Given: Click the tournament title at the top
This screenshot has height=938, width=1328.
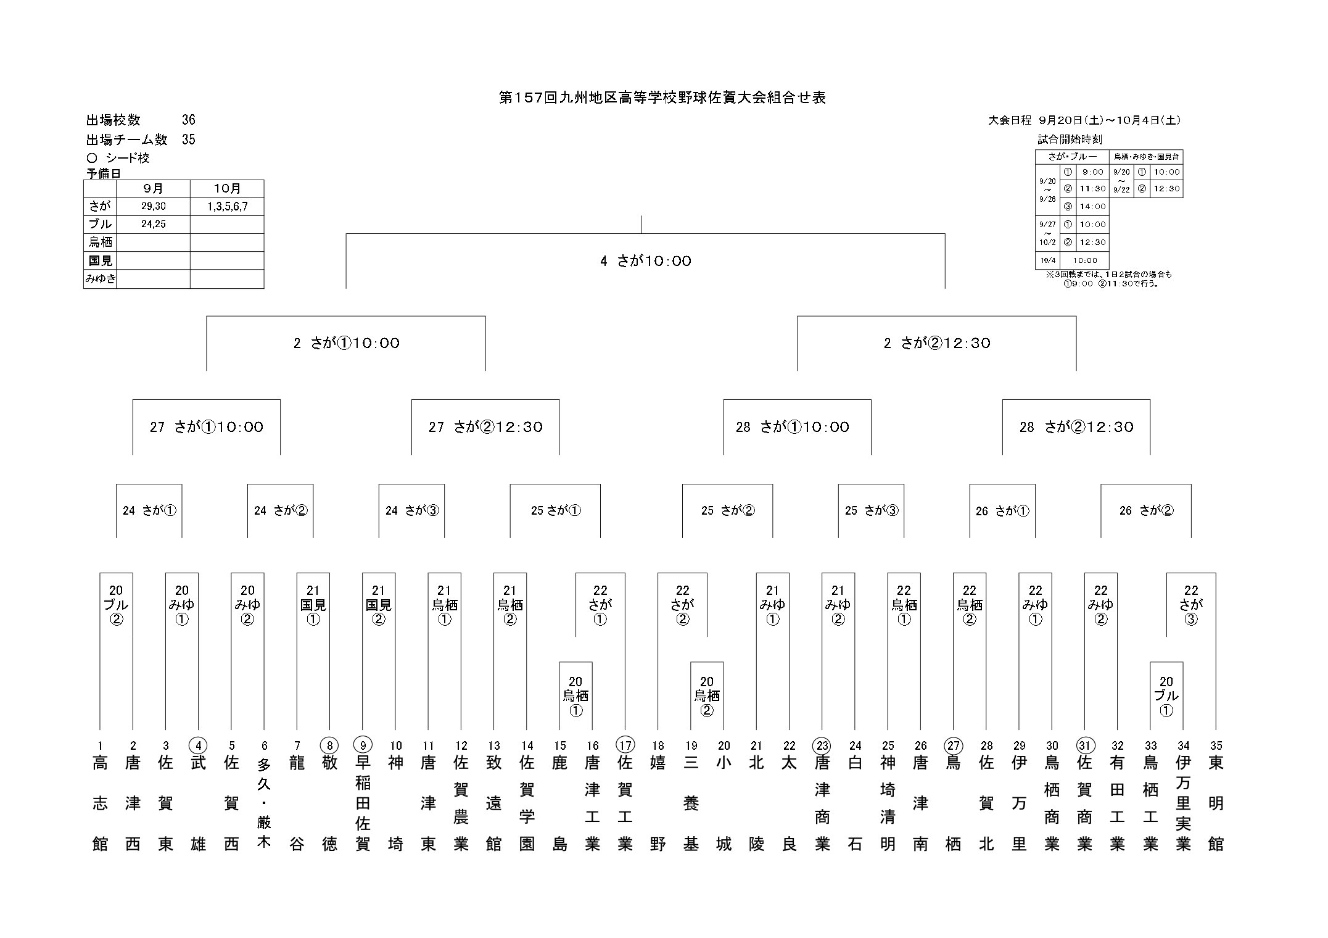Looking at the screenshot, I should point(662,98).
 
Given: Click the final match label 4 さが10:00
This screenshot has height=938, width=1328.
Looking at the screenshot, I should point(645,261).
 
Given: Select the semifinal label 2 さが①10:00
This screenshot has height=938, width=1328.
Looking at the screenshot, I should point(346,343).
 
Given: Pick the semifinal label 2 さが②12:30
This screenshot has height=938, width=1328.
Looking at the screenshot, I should point(936,343).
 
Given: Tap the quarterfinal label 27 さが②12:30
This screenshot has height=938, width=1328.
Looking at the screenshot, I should point(485,427).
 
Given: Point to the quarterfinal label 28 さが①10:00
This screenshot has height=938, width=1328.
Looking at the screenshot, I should point(792,427).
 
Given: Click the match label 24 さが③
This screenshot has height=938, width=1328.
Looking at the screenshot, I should point(411,510).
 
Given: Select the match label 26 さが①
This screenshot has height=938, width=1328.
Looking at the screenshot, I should point(1002,511).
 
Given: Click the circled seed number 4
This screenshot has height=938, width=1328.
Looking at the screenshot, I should point(198,745).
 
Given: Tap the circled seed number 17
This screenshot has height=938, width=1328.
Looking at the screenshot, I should point(625,745).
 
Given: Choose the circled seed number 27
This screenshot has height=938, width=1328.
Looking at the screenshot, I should point(953,745).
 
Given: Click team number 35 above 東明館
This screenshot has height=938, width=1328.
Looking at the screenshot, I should point(1216,745).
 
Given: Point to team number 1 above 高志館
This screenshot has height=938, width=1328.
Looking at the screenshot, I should point(100,745).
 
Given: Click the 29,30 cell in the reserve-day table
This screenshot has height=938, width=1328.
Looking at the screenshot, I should point(153,207).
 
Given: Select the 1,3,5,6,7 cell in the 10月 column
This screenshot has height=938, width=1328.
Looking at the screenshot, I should point(227,207).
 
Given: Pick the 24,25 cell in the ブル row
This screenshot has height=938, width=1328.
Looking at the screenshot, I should point(153,225).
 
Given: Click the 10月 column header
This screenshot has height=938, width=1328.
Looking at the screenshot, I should point(227,189).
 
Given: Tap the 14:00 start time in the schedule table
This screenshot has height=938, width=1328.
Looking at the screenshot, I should point(1092,207).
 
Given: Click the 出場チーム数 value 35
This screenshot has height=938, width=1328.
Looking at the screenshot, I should point(188,139).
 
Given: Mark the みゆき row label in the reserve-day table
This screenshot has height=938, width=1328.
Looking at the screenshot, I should point(100,279).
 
